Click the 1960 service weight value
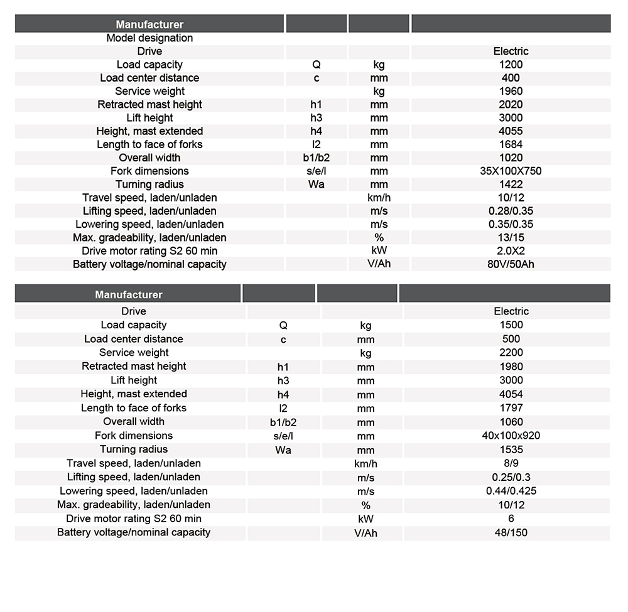511,91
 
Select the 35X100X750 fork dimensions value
511,171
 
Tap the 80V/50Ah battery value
511,264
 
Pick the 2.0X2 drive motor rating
511,250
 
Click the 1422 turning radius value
511,185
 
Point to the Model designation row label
149,38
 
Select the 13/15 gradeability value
511,237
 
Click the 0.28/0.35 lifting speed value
511,211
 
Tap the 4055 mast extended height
511,131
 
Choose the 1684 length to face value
511,144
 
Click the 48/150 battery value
511,533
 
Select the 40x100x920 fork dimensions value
511,436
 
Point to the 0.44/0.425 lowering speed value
511,491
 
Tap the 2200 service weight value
511,353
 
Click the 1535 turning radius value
511,449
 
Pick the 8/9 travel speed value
511,463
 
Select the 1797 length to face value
511,408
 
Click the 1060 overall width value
511,422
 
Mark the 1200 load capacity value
511,65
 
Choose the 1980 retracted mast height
511,367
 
